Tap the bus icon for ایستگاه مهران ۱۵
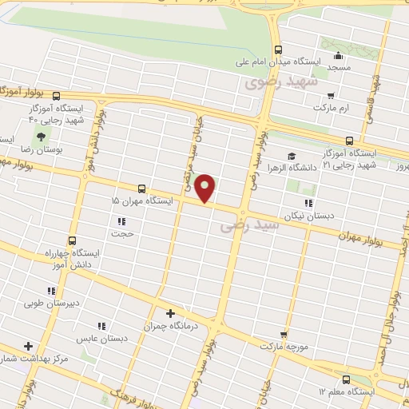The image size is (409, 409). point(141,189)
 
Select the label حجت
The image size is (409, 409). point(127,235)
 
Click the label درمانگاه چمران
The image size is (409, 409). point(169,326)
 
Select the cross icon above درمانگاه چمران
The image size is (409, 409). point(169,313)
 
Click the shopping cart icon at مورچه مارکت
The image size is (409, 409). point(284,334)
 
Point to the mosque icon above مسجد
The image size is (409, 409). point(338,56)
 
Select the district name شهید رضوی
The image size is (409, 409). point(280,81)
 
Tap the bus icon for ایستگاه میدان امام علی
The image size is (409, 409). point(278,48)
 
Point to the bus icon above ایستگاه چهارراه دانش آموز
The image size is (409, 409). point(73,240)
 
